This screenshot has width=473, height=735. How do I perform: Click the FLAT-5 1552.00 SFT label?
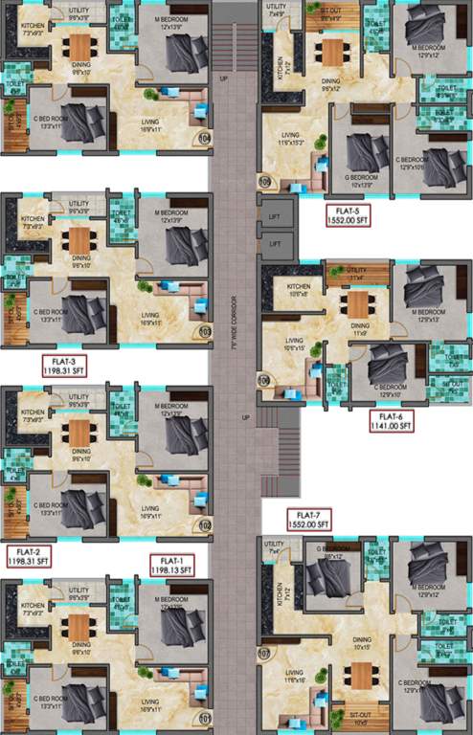tap(347, 216)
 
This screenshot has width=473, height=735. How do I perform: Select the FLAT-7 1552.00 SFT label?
tap(308, 520)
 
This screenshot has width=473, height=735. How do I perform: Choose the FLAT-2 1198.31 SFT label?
tap(28, 556)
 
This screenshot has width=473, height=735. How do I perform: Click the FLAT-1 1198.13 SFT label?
tap(171, 564)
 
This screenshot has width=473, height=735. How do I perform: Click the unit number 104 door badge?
tap(204, 137)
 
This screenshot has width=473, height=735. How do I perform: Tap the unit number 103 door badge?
tap(204, 333)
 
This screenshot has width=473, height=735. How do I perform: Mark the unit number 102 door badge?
tap(204, 525)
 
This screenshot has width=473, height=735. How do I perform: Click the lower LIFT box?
tap(276, 245)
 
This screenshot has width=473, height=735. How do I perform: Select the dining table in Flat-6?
tap(358, 305)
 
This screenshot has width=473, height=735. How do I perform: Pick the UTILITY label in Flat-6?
tap(356, 273)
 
